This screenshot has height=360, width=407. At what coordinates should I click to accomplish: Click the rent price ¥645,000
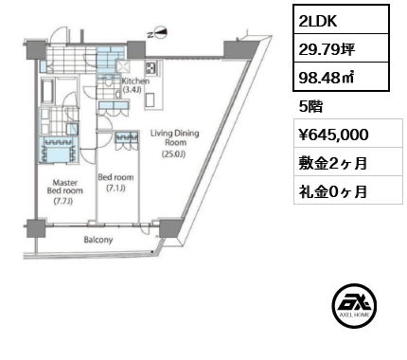[x=338, y=135]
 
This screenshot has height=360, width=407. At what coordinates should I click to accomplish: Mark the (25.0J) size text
[x=173, y=154]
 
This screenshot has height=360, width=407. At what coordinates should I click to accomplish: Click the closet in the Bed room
[x=125, y=139]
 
